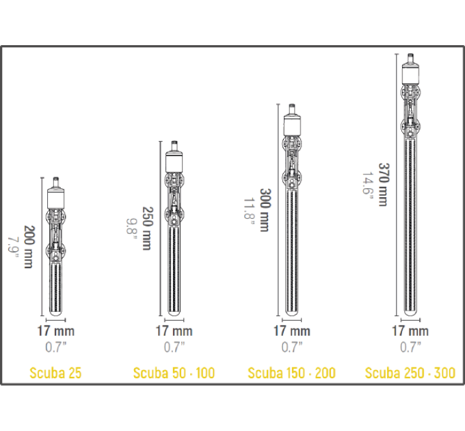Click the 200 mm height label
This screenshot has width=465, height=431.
click(x=29, y=247)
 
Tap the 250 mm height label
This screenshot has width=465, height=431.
click(x=148, y=228)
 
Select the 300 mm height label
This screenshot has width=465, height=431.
click(x=265, y=210)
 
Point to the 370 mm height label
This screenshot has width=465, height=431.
click(x=383, y=184)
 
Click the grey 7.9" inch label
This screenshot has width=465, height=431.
click(x=13, y=247)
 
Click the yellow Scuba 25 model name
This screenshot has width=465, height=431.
click(x=55, y=373)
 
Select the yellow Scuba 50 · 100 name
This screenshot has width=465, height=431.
click(x=174, y=373)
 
